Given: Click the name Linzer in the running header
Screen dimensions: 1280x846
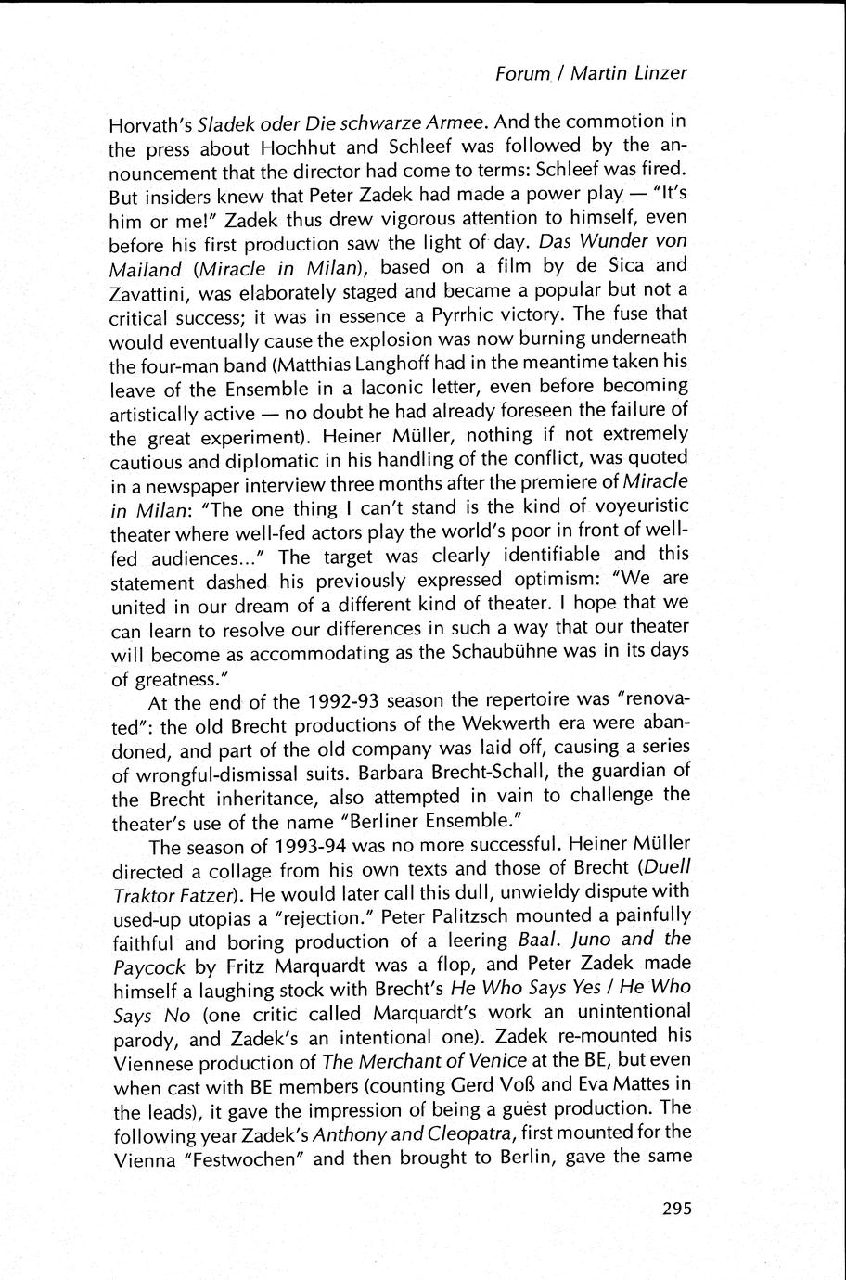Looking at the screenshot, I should click(656, 73).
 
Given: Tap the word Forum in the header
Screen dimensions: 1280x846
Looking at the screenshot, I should click(523, 74).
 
